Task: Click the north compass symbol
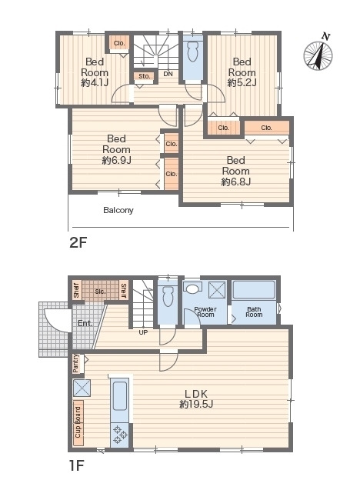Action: (x=318, y=54)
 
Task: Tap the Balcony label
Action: (x=118, y=210)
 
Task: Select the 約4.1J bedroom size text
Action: (x=95, y=83)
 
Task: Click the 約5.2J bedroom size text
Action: (x=242, y=83)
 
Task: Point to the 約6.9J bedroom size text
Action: (x=116, y=160)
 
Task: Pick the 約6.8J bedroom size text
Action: (x=235, y=182)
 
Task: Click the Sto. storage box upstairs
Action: (x=144, y=76)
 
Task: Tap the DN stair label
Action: (x=168, y=74)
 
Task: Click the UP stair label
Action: (x=143, y=332)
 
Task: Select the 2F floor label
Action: (x=78, y=242)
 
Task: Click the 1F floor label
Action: (x=77, y=465)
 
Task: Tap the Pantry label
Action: (x=76, y=363)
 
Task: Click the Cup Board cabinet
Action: (x=78, y=423)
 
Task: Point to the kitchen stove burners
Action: (x=120, y=435)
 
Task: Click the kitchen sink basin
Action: (x=120, y=396)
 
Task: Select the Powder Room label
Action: (x=205, y=312)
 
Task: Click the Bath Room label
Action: (x=254, y=312)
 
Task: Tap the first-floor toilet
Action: (x=168, y=296)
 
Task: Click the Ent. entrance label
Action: (x=85, y=323)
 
